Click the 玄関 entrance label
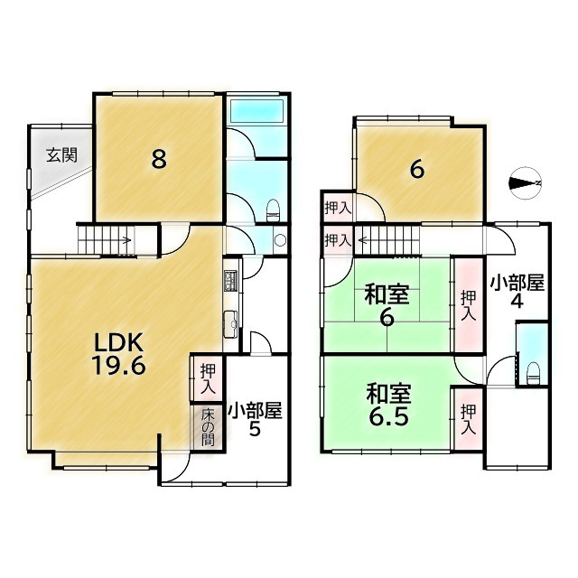61,154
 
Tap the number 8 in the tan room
158,159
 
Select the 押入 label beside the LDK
208,378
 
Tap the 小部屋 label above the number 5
255,411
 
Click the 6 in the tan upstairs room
416,170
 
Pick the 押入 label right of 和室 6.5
468,417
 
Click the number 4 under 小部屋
517,302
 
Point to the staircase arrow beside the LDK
125,240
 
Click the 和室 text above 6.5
388,394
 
